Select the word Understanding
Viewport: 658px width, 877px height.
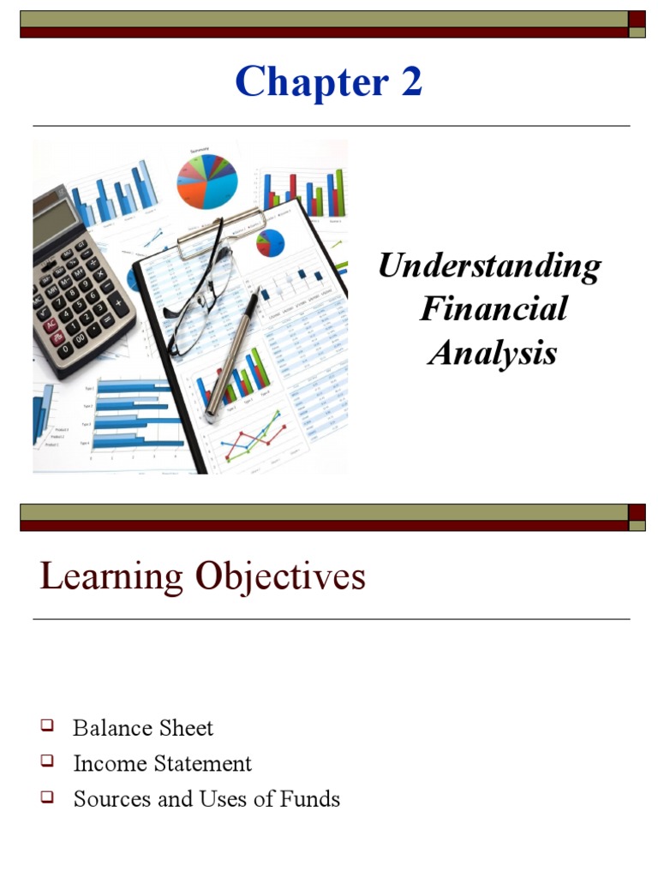click(x=489, y=266)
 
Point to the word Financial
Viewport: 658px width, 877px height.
click(x=493, y=308)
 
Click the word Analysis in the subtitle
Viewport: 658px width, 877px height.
click(x=493, y=352)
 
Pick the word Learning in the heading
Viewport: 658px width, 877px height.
click(x=111, y=576)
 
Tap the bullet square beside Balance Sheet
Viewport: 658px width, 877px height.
click(x=47, y=726)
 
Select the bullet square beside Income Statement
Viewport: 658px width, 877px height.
click(x=47, y=761)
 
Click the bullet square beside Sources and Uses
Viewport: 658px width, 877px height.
click(x=47, y=797)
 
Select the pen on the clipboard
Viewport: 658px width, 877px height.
click(x=232, y=352)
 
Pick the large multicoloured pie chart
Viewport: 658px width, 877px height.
click(x=206, y=181)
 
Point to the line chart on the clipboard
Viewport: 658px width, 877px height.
click(x=252, y=437)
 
